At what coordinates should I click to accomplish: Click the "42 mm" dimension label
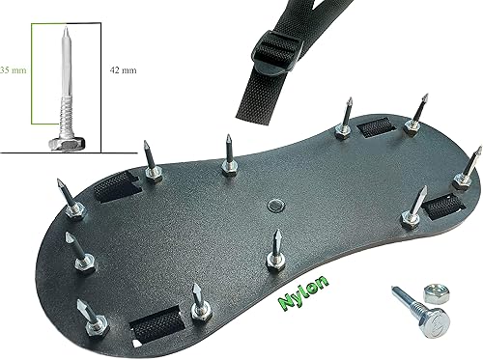point(123,70)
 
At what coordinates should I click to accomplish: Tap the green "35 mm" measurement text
point(14,69)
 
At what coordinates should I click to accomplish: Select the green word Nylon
point(303,291)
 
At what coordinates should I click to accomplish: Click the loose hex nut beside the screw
point(437,293)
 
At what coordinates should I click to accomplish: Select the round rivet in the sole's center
point(276,205)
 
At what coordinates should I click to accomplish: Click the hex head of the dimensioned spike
point(67,144)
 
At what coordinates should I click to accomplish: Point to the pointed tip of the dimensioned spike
point(66,27)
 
